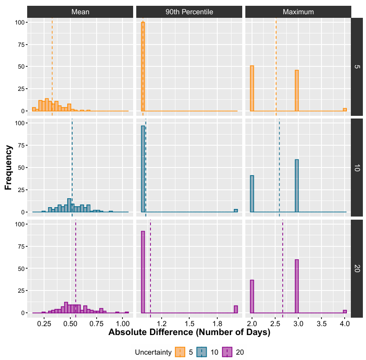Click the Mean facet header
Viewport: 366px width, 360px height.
pos(80,12)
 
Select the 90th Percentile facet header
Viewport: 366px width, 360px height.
pos(189,12)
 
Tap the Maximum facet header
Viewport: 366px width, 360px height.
pos(298,12)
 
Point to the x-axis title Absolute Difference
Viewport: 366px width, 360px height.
pos(189,332)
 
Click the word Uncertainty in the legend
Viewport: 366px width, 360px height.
pos(153,352)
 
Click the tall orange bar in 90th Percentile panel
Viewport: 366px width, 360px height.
pos(143,67)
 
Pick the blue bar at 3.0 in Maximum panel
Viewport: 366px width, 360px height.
pos(297,186)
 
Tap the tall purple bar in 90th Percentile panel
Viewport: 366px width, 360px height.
pos(143,272)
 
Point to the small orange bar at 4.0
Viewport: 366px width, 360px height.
pos(345,109)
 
